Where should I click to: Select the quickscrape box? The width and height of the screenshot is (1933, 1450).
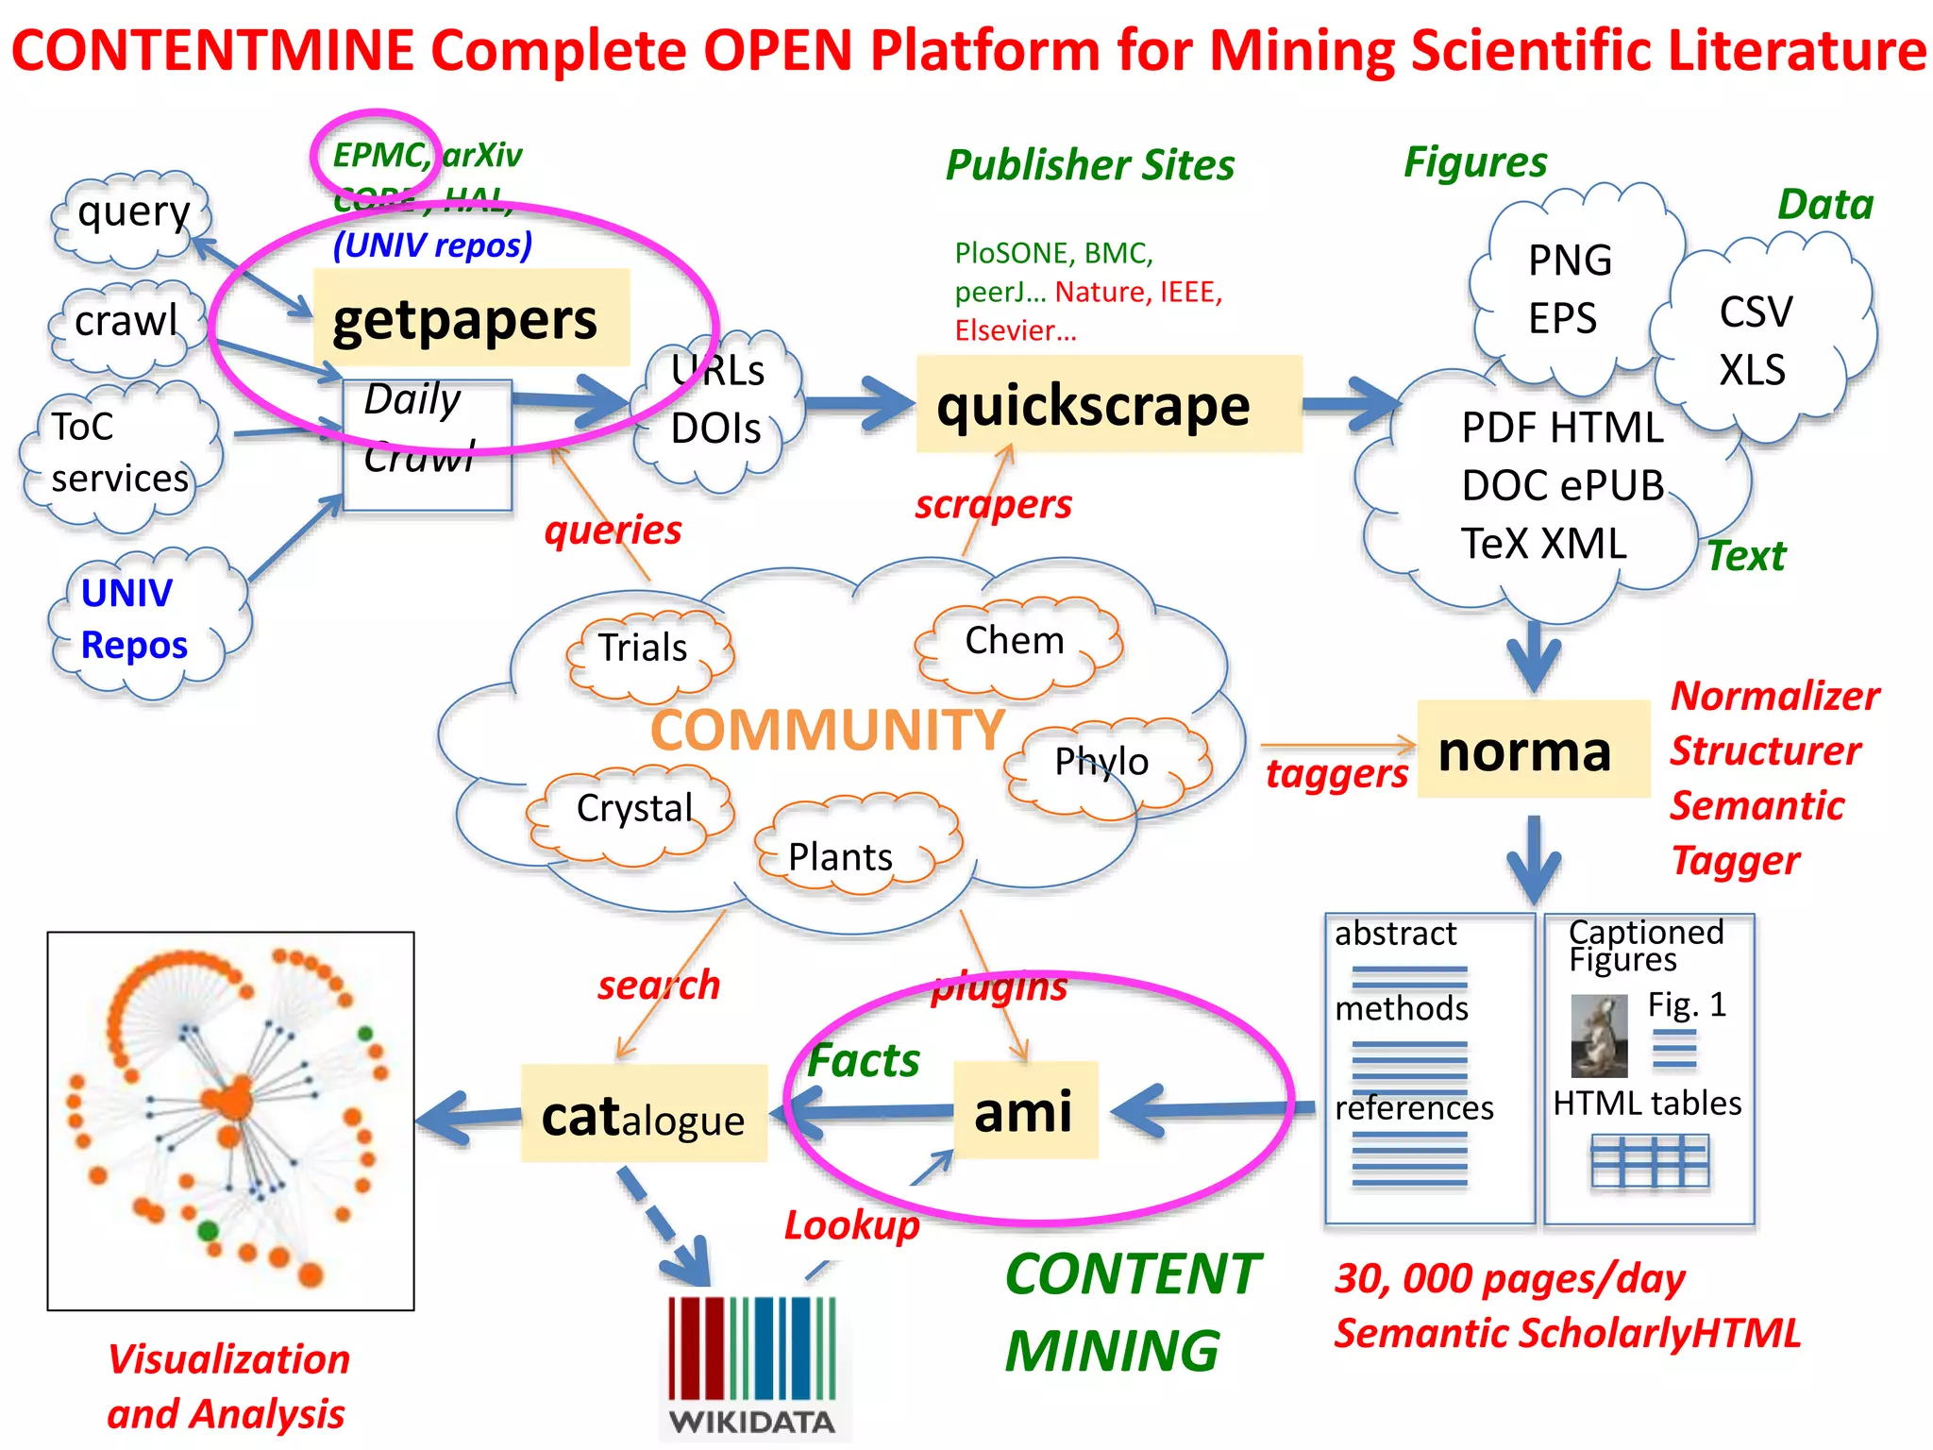[1108, 404]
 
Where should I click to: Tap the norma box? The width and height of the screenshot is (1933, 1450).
[1532, 750]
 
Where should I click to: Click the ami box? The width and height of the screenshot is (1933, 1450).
[1025, 1110]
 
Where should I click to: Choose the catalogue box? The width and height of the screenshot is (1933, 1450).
[644, 1114]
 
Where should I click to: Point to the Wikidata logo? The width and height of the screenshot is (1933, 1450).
[752, 1364]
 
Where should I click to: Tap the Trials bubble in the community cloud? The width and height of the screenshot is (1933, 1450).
[645, 649]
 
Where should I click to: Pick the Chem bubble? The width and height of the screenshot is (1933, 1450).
[1016, 642]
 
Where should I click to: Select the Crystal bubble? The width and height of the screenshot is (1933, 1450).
[634, 810]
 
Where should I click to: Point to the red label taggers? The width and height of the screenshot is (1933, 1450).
[1336, 774]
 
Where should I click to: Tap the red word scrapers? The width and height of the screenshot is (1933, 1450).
[993, 504]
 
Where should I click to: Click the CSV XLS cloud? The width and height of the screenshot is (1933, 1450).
[1756, 340]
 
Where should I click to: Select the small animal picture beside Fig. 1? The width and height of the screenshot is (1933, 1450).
[1599, 1036]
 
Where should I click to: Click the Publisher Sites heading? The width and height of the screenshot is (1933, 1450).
[1089, 165]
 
